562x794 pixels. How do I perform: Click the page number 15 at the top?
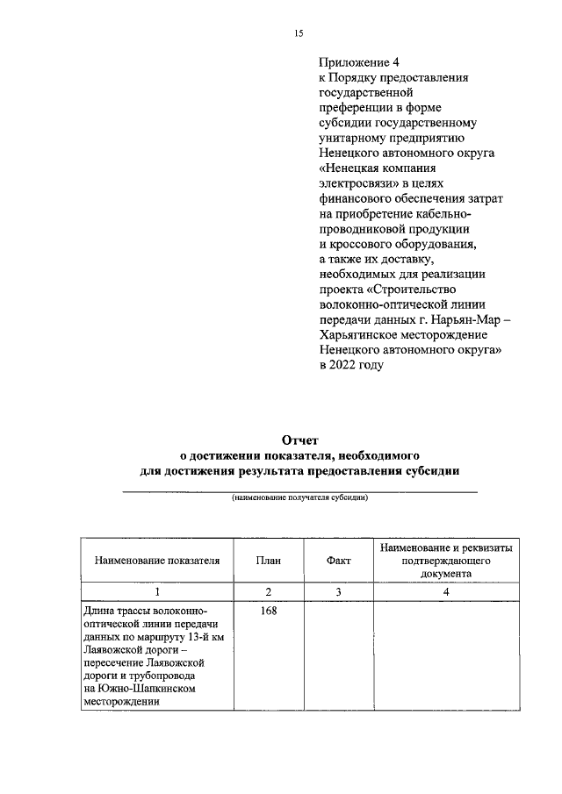click(299, 33)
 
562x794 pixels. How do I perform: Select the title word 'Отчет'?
click(299, 440)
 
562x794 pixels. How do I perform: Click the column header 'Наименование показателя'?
click(157, 560)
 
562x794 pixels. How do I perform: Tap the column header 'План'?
click(268, 560)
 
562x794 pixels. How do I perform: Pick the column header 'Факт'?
click(338, 560)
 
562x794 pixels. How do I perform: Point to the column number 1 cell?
click(157, 592)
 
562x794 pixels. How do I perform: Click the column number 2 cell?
click(268, 592)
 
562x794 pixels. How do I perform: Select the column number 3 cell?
click(338, 592)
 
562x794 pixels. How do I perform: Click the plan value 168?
click(268, 612)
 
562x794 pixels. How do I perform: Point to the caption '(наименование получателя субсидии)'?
click(299, 498)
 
